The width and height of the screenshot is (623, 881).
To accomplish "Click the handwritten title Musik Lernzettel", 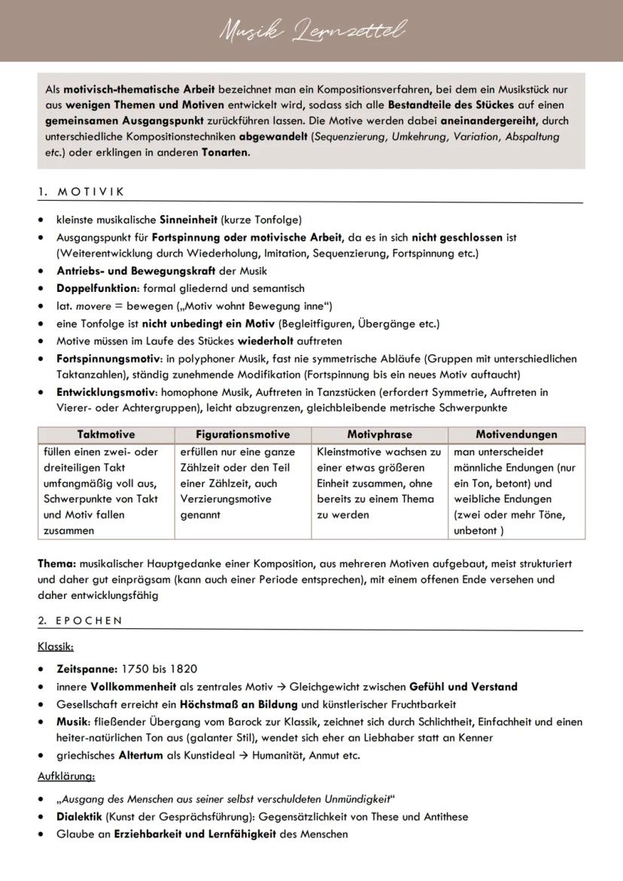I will [x=311, y=30].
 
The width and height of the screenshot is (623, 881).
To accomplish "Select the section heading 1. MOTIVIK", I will [x=81, y=193].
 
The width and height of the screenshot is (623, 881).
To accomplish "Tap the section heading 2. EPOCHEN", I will [x=80, y=621].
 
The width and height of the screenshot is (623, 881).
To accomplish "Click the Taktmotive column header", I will [x=106, y=435].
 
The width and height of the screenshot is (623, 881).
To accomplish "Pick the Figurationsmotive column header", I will [x=242, y=435].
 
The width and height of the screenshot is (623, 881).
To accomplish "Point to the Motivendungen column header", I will [x=516, y=435].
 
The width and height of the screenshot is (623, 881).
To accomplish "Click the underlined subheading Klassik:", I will [x=56, y=647].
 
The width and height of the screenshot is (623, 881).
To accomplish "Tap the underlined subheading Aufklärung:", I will [x=66, y=776].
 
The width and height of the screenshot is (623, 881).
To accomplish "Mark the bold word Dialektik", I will [x=81, y=816].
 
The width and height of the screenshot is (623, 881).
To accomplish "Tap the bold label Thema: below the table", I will [x=56, y=563].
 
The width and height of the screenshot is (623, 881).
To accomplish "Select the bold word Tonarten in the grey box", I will [x=224, y=153].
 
